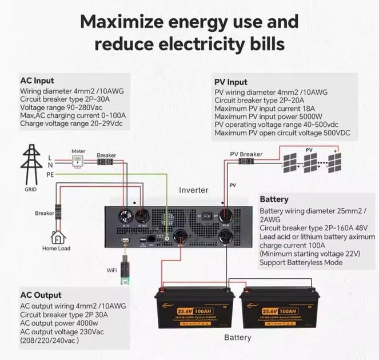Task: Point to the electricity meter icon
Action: (x=78, y=162)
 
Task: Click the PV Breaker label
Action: (x=246, y=154)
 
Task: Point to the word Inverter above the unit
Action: (x=194, y=190)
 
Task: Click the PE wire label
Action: (x=50, y=174)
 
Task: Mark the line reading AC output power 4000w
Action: (x=60, y=323)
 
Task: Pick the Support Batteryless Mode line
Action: (x=301, y=262)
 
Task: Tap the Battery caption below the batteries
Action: (x=237, y=338)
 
